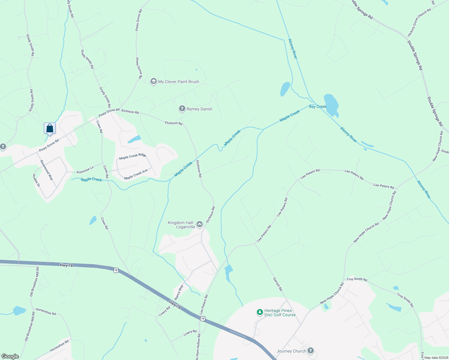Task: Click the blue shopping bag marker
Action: coord(50,128)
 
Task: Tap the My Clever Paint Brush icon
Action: coord(154,82)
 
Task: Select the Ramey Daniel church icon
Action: coord(182,109)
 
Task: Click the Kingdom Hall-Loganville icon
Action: coord(200,224)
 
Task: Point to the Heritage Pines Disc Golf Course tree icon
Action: coord(260,313)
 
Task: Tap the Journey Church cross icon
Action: coord(311,351)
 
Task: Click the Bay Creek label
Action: coord(318,106)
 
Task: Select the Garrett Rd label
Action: coord(278,284)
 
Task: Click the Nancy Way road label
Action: coord(179,292)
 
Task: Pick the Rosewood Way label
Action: coord(47,170)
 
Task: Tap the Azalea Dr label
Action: coord(36,180)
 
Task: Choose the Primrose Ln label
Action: coord(85,170)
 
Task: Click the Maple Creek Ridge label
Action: coord(132,156)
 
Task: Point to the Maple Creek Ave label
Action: coord(136,174)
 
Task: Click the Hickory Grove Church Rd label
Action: coord(419,22)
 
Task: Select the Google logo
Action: coord(10,356)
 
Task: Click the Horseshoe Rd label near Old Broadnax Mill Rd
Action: coord(46,311)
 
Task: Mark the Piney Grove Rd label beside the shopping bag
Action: coord(49,145)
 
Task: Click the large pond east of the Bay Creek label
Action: coord(331,105)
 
